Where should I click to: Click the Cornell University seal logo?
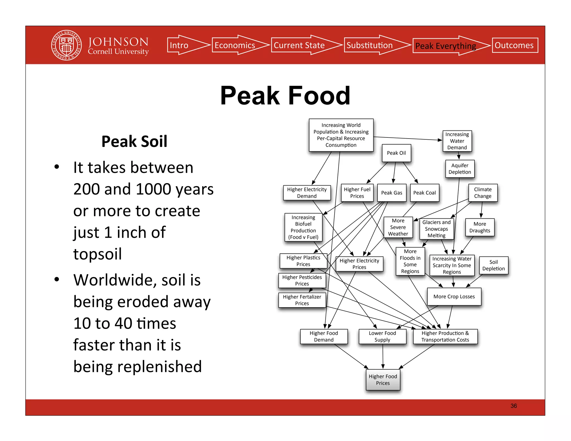click(66, 45)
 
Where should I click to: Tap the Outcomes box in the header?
click(515, 45)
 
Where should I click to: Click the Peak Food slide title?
click(285, 96)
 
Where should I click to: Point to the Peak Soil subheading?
click(134, 141)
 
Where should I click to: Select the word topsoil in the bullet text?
click(98, 254)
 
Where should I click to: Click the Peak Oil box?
click(396, 153)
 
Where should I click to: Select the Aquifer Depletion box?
click(459, 169)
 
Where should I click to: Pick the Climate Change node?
click(483, 193)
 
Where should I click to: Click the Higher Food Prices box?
click(383, 380)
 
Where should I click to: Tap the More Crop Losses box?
click(454, 297)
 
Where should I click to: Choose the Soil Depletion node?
click(493, 265)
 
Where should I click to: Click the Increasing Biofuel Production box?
click(303, 227)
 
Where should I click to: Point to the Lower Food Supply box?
click(382, 336)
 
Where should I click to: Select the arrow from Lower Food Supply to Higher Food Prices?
click(383, 357)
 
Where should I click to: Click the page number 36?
click(514, 406)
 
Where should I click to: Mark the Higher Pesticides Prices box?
click(302, 280)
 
